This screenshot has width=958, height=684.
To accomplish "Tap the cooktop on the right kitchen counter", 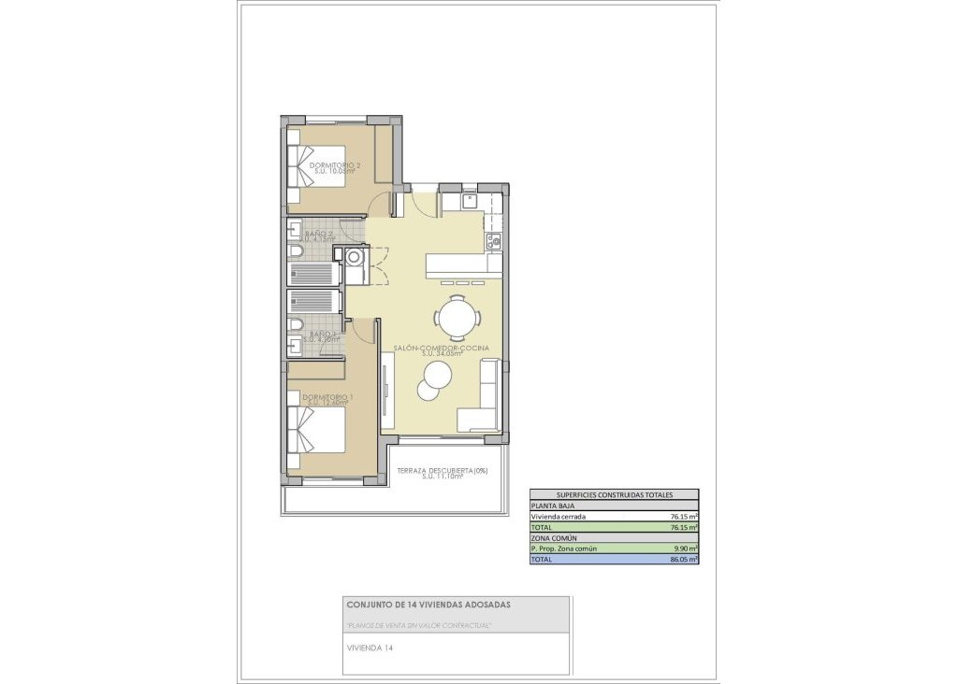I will pos(495,241).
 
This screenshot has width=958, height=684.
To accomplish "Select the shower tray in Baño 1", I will pos(313,301).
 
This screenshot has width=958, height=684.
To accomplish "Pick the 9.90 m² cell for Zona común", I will pos(686,549).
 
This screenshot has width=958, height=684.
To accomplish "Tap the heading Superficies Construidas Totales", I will pos(614,495).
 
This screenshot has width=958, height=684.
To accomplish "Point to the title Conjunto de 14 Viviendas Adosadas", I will pos(428,605).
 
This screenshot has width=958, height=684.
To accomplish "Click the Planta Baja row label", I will pos(552,506).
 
